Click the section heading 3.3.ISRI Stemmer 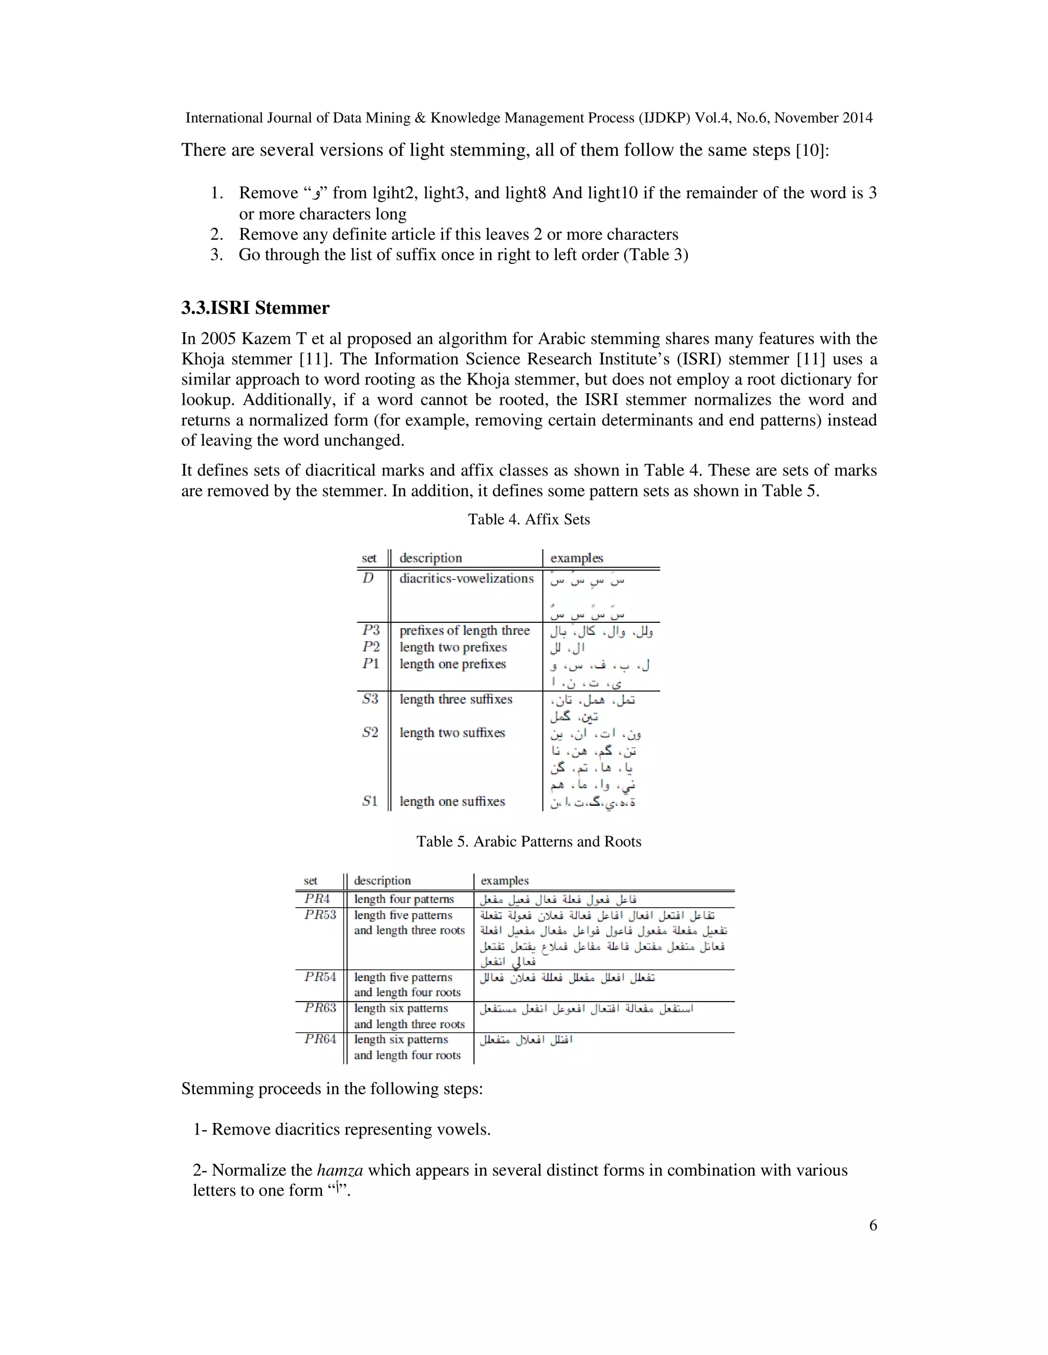pos(255,308)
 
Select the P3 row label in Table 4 pos(370,630)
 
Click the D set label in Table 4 pos(368,578)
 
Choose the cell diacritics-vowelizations pos(466,578)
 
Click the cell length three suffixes pos(456,699)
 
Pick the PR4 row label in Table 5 pos(317,899)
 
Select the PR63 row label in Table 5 pos(320,1008)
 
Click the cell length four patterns pos(404,899)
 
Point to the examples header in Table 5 pos(504,880)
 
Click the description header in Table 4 pos(430,558)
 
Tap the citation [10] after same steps pos(811,151)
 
